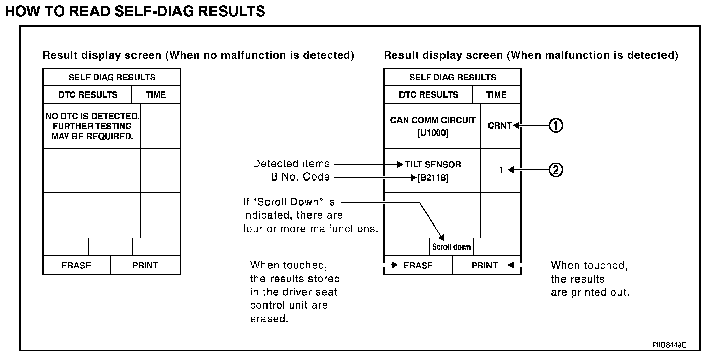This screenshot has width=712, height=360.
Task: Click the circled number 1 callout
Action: (556, 126)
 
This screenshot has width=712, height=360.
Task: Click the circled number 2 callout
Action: (556, 170)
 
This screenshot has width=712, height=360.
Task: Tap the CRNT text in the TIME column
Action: (500, 126)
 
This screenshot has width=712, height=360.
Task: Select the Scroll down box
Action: (452, 247)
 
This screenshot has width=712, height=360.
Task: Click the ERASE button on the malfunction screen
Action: (418, 265)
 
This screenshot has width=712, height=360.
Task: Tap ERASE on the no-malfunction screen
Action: (76, 265)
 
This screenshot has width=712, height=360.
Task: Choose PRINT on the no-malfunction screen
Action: (145, 265)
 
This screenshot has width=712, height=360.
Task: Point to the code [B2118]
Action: (433, 177)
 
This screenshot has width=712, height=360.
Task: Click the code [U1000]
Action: (432, 133)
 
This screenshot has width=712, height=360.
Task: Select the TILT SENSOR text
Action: (433, 164)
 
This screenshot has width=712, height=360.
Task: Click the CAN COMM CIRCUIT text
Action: (432, 121)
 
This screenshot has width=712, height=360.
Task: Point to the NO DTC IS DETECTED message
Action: (92, 117)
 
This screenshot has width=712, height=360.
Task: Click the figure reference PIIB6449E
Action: (669, 345)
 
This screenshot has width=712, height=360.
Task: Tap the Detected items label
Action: (291, 164)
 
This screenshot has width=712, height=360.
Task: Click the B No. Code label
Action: (300, 177)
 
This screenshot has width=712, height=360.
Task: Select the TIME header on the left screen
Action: (156, 95)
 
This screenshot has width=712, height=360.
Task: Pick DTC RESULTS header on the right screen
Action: (428, 95)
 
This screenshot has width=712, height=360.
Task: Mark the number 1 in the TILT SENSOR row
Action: (501, 170)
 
